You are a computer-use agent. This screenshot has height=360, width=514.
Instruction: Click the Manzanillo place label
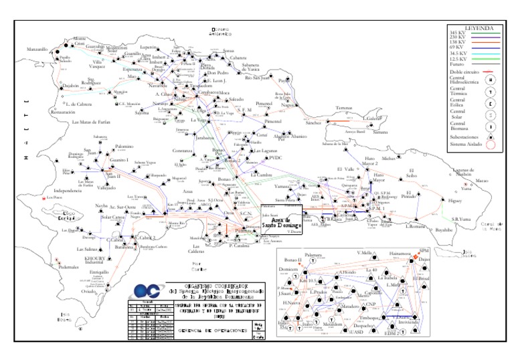pos(37,49)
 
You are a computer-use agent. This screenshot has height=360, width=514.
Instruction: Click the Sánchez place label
pos(313,123)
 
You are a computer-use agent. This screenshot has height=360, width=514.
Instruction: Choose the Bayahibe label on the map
pos(449,229)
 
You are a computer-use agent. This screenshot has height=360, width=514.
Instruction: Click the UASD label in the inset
pos(357,331)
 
